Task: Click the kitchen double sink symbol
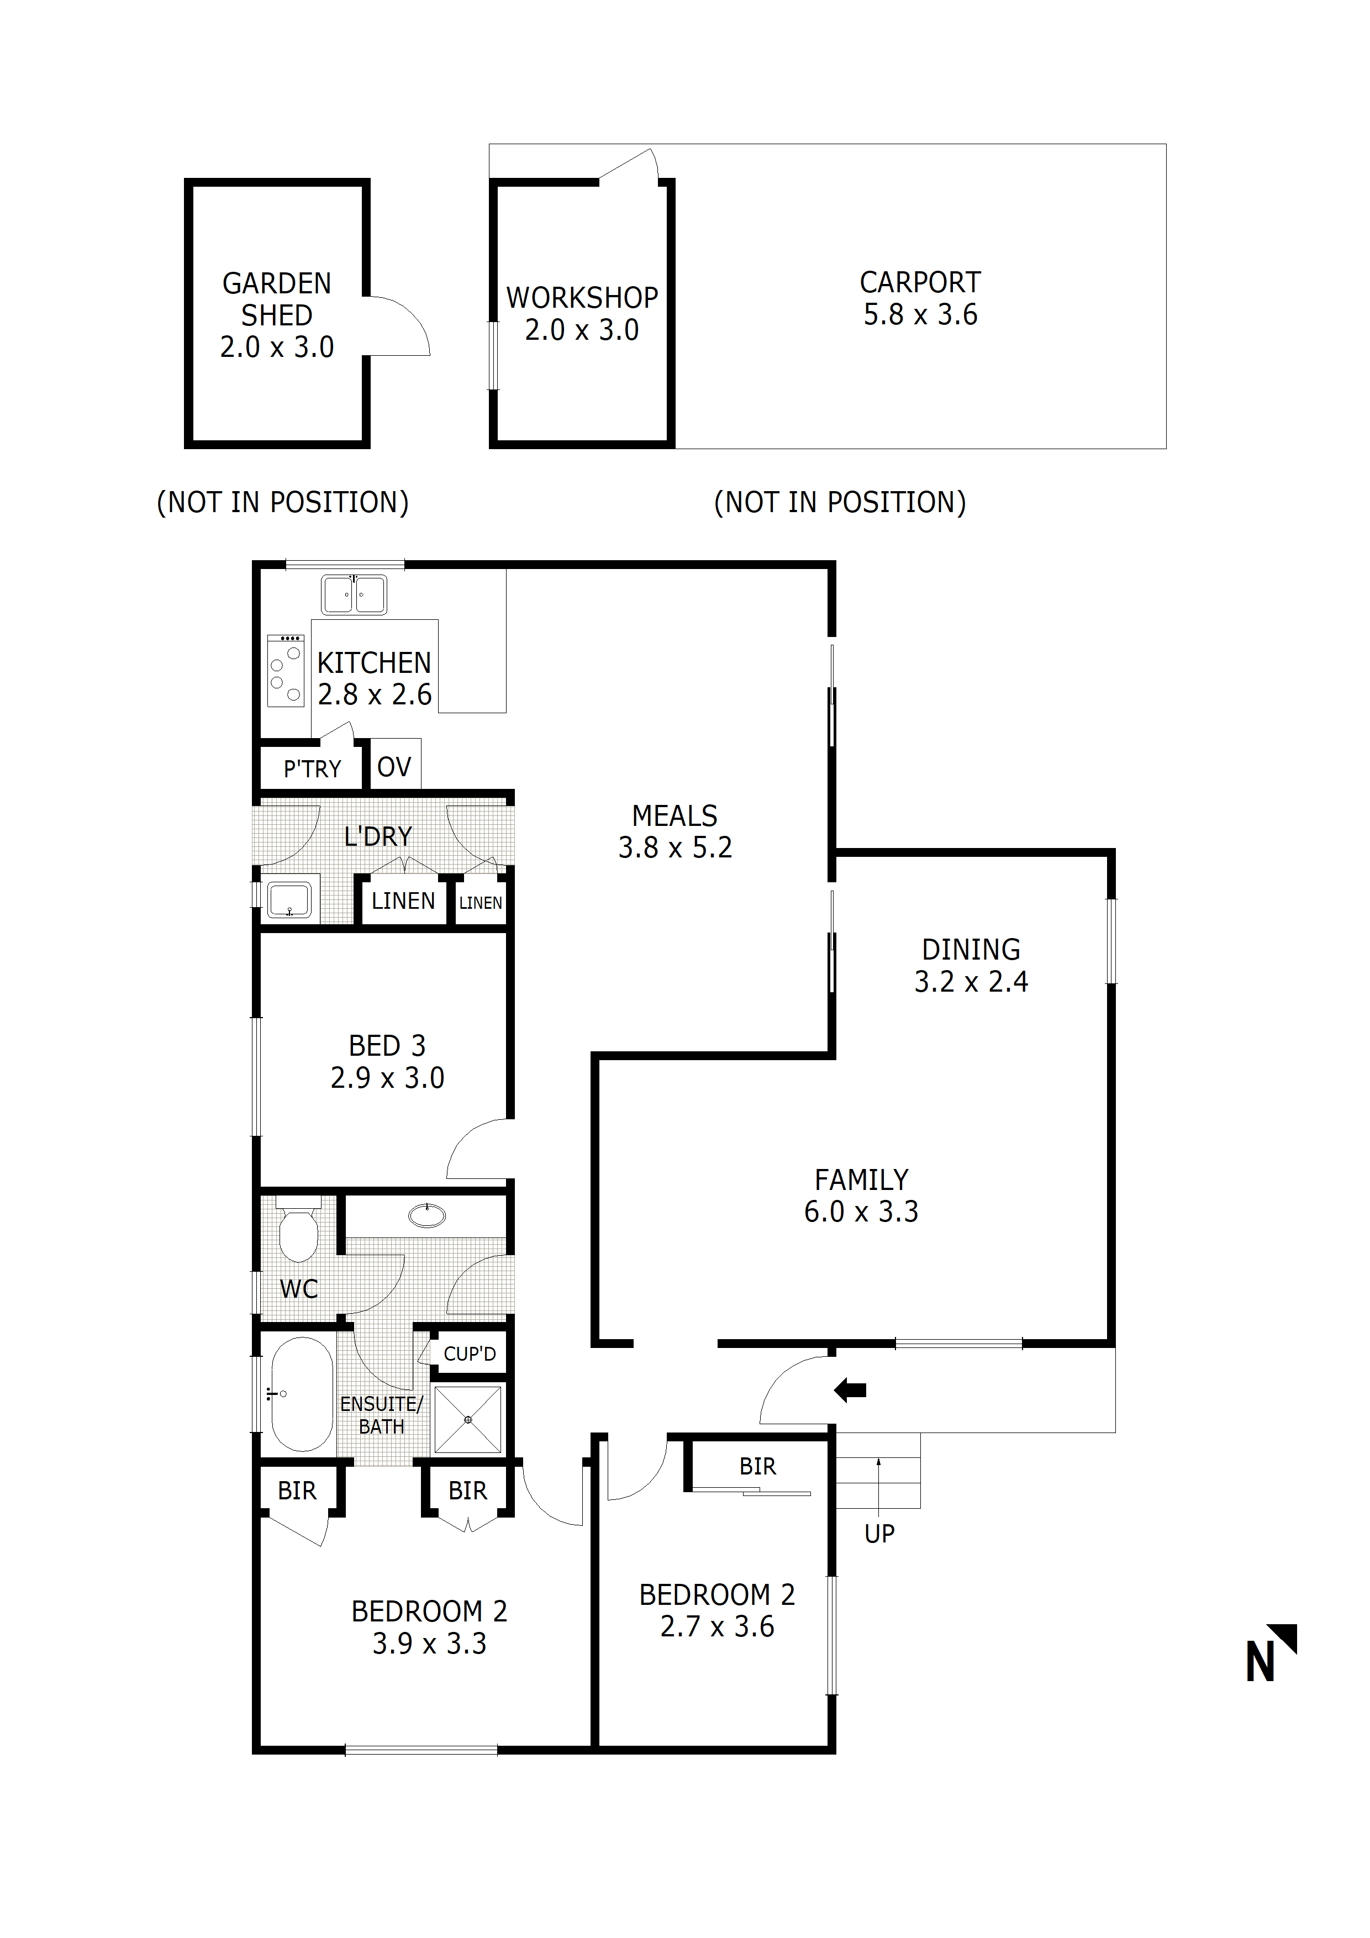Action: (354, 594)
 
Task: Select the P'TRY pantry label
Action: (312, 769)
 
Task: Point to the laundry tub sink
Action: (289, 900)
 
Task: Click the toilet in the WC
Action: (298, 1234)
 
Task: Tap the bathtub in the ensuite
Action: (302, 1394)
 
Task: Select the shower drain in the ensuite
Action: (468, 1420)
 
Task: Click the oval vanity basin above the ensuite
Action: (426, 1215)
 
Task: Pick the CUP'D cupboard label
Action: (470, 1354)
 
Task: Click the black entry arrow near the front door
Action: (850, 1389)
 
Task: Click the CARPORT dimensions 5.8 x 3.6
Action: (920, 315)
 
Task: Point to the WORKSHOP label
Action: (582, 298)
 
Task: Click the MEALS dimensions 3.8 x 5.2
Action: (675, 847)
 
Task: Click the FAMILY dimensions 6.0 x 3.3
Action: (861, 1212)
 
